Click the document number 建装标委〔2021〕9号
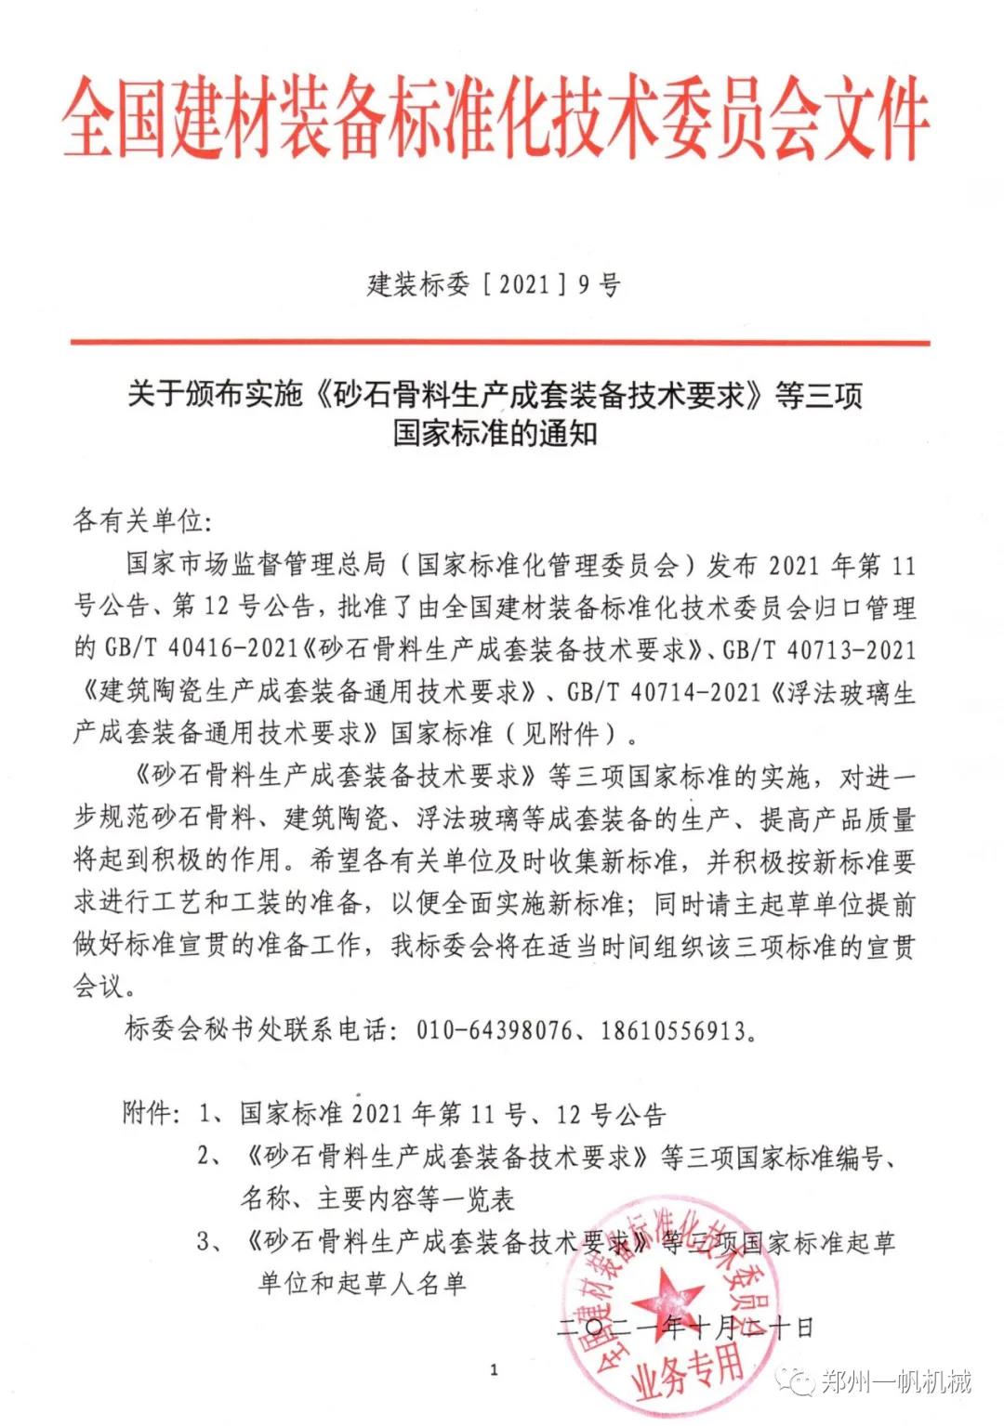tap(494, 284)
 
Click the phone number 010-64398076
tap(494, 1029)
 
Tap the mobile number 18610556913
tap(672, 1029)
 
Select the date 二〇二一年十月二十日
tap(685, 1327)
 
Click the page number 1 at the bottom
tap(494, 1368)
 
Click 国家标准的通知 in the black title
tap(495, 433)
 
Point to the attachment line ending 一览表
tap(377, 1198)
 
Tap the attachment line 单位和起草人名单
tap(363, 1283)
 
